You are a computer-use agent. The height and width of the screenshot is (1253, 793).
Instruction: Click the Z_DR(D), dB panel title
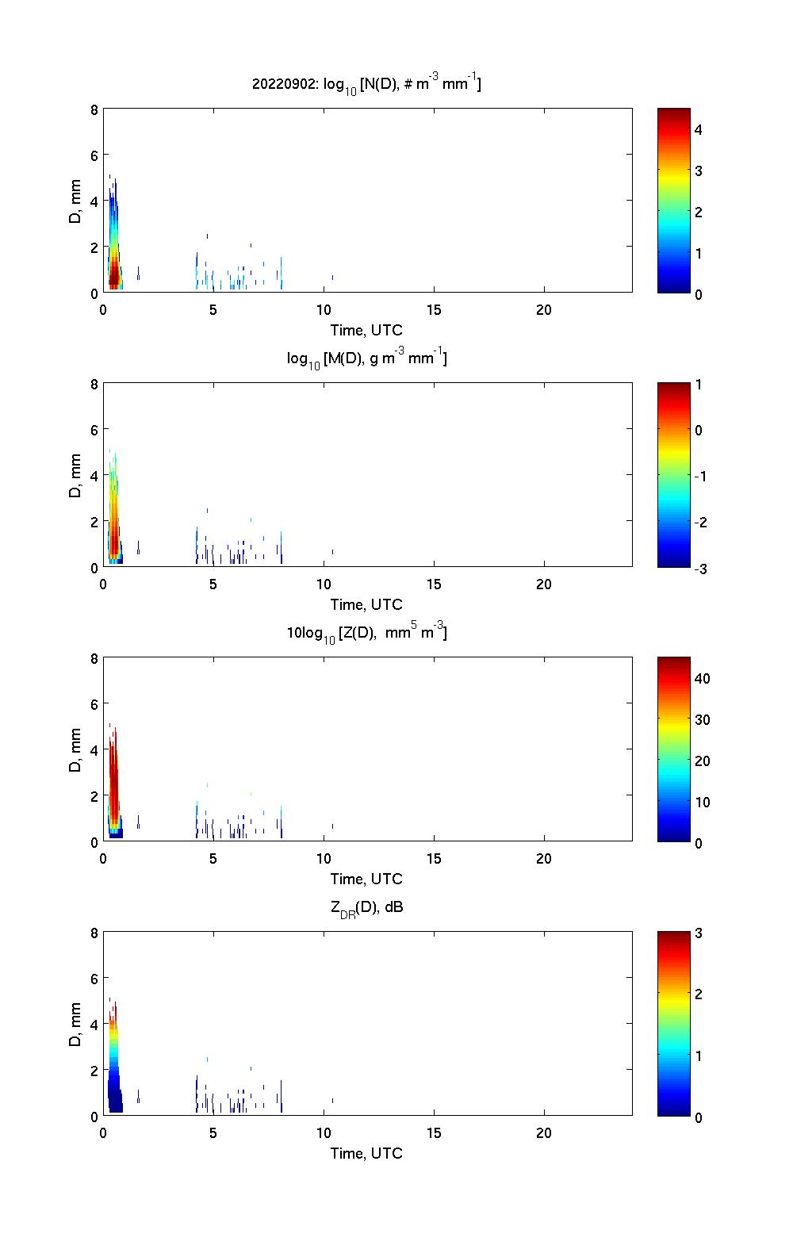[x=366, y=907]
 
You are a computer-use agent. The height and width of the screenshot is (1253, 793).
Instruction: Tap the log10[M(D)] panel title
[x=366, y=358]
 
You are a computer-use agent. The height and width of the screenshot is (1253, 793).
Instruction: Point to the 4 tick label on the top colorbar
[x=699, y=129]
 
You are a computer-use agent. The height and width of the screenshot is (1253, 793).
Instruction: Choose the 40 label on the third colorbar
[x=702, y=678]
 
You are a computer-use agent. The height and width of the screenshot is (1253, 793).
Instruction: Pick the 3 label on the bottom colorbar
[x=699, y=933]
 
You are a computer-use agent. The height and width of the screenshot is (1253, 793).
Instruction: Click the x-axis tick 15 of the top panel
[x=434, y=310]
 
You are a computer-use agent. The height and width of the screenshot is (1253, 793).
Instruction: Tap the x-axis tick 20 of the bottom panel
[x=544, y=1132]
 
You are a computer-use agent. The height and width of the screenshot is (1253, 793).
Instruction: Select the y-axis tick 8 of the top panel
[x=94, y=109]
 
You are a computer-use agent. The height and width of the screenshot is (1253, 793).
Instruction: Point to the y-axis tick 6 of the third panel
[x=94, y=703]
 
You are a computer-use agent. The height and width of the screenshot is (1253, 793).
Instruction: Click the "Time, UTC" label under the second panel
[x=366, y=604]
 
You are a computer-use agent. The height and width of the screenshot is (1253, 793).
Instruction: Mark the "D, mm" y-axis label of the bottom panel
[x=76, y=1024]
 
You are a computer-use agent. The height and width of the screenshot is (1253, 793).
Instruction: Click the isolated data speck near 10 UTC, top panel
[x=332, y=277]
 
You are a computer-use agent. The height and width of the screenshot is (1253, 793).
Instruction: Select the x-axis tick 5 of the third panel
[x=213, y=858]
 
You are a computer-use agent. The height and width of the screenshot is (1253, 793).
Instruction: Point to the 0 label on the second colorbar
[x=699, y=430]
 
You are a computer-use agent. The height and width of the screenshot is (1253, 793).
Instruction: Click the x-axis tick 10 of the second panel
[x=324, y=584]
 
